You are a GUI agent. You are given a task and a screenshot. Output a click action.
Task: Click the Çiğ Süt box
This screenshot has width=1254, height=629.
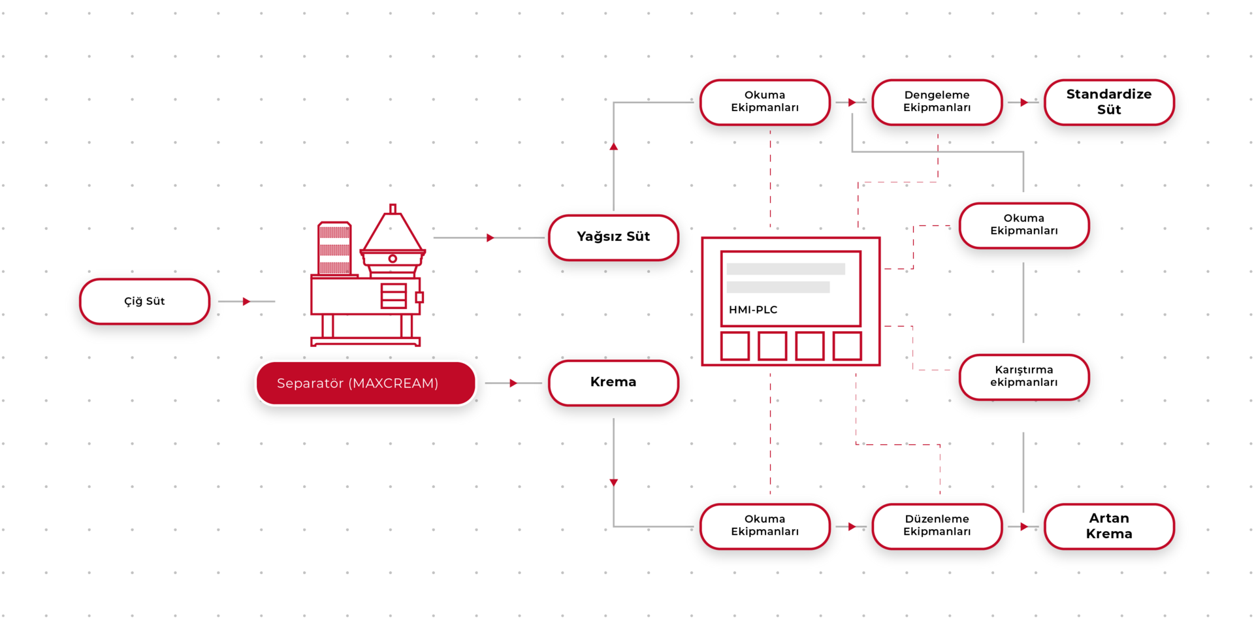click(144, 301)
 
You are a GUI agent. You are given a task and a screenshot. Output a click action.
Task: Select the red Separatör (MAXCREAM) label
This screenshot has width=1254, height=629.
click(366, 383)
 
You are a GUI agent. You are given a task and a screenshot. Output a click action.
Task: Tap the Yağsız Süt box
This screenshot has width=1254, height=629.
click(613, 237)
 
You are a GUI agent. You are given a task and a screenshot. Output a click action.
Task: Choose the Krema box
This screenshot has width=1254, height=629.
click(613, 383)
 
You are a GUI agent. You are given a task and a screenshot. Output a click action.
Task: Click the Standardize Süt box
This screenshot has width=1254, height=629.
click(1109, 103)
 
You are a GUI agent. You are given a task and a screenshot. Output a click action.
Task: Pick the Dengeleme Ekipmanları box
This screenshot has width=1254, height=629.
click(937, 103)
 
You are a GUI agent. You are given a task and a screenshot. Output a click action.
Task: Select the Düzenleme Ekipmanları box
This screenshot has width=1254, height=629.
click(937, 526)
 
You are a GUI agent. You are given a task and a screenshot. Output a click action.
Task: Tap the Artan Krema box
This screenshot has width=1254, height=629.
click(1109, 526)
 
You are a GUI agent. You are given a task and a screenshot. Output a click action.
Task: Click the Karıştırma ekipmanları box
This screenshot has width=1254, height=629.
click(1023, 377)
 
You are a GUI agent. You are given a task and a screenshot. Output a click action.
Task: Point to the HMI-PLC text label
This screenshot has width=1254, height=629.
click(753, 310)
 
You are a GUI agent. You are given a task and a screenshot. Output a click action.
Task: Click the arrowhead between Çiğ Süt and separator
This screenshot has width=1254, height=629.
click(246, 301)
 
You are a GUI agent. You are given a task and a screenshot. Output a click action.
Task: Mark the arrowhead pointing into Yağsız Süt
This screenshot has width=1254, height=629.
click(490, 238)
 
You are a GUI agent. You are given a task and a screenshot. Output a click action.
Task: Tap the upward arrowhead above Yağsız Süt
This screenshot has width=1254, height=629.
click(614, 146)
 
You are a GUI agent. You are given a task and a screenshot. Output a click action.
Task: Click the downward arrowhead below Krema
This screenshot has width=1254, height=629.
click(614, 483)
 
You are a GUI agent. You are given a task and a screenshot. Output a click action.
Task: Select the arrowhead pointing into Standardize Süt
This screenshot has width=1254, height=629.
click(1024, 103)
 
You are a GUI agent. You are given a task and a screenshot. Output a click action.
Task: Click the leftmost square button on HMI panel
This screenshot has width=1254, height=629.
click(735, 346)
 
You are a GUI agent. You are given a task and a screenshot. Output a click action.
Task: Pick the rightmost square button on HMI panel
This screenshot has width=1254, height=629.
click(847, 346)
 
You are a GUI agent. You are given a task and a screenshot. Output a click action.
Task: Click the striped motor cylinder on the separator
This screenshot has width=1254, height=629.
click(334, 249)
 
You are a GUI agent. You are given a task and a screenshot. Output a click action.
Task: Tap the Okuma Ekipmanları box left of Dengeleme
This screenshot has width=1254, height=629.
click(765, 103)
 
